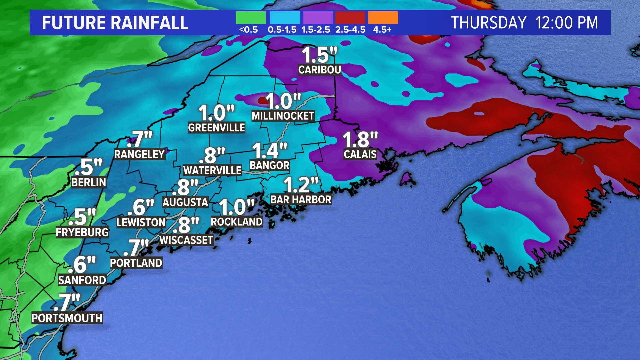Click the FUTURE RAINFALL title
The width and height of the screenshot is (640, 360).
pos(115,23)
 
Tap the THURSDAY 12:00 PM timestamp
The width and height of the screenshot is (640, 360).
pos(524,23)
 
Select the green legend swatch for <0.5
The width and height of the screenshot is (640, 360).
pos(251,18)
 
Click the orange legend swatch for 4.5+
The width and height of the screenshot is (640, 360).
pos(383,18)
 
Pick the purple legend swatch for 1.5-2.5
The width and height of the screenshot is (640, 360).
pos(318,18)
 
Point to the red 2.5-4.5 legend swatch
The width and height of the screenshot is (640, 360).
pos(350,18)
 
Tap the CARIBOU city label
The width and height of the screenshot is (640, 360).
pos(319,70)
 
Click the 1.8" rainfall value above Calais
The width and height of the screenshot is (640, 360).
pos(360,139)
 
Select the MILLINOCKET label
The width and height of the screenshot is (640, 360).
pos(283,116)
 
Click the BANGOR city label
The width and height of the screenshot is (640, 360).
pos(269,165)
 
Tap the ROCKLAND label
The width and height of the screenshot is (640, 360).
pos(237,222)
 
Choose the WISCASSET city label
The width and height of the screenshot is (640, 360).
pos(186,240)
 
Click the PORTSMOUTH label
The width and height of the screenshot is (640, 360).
pos(67,318)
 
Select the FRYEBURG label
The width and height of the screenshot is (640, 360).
pos(82,232)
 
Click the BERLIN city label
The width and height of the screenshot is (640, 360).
pos(89,182)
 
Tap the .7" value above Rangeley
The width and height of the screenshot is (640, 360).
pos(140,139)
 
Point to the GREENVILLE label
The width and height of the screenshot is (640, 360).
pos(216,128)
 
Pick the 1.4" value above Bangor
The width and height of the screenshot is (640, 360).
pos(269,151)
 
